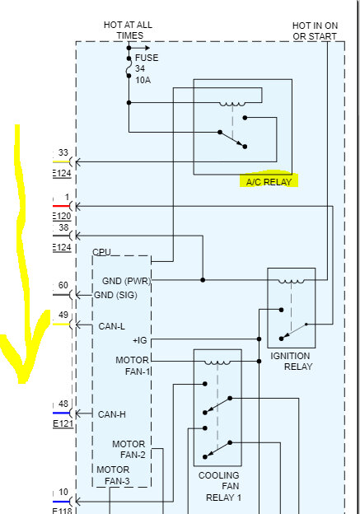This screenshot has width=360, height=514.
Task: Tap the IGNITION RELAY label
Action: [291, 362]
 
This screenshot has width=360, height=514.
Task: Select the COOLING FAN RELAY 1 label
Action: [219, 487]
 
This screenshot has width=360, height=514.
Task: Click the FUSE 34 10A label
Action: [146, 68]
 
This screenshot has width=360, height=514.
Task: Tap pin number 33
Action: [63, 152]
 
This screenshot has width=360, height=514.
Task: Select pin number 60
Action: [63, 286]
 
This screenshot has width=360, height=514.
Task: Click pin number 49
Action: [63, 315]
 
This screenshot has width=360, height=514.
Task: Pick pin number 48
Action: [63, 404]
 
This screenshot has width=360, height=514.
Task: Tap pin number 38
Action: [63, 227]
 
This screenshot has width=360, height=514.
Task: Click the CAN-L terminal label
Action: [112, 326]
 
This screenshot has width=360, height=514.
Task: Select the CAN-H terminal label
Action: [112, 414]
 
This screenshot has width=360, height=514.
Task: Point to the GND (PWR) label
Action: [126, 281]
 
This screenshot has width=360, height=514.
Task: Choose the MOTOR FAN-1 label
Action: [133, 366]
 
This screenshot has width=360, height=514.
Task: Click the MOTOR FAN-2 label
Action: [129, 450]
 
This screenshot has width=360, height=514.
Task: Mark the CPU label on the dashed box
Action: [101, 252]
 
